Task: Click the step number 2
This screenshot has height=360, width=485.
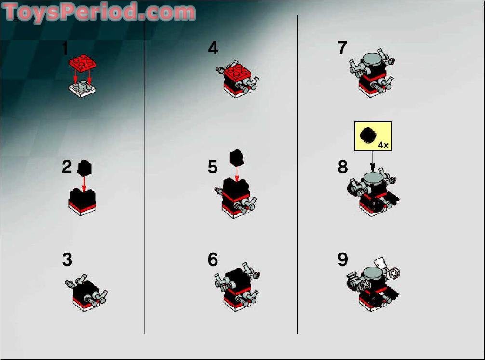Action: (67, 167)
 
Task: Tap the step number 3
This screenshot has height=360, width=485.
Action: (67, 260)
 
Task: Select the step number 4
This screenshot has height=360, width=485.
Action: (213, 48)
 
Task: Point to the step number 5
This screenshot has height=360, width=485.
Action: (213, 167)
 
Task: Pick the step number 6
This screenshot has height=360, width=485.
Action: (213, 260)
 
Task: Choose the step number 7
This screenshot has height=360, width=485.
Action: (342, 48)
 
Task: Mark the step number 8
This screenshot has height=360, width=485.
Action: (342, 167)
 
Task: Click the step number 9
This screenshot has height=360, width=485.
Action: (342, 260)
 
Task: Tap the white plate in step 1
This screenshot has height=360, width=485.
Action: (82, 88)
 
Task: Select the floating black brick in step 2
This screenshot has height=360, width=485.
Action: (84, 167)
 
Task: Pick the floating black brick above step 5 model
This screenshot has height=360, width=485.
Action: (236, 157)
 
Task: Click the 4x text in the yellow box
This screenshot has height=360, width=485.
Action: (383, 144)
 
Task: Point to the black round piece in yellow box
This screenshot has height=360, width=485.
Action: (368, 134)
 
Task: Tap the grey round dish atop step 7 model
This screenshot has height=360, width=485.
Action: (372, 59)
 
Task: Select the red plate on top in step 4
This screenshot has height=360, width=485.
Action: (237, 72)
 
